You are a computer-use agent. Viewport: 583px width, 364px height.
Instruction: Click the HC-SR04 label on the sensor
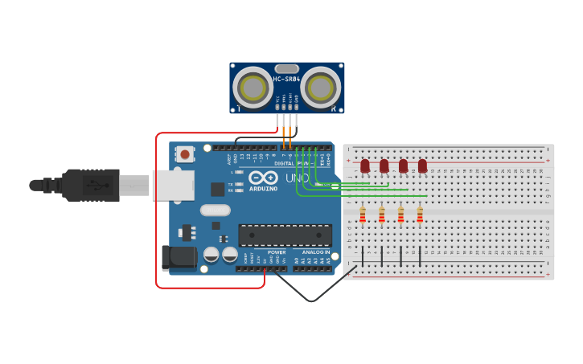(x=286, y=80)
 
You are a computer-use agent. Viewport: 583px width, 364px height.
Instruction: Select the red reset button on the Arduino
(x=186, y=154)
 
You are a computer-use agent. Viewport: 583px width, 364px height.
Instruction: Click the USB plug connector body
(x=92, y=185)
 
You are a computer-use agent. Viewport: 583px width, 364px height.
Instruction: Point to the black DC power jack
(x=178, y=257)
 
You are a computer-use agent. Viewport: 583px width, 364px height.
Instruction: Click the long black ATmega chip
(x=285, y=235)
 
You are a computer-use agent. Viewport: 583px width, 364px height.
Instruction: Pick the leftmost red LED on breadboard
(x=365, y=166)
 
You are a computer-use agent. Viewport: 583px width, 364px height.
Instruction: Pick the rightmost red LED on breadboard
(x=422, y=166)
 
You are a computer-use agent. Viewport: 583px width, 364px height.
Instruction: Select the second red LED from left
(x=384, y=166)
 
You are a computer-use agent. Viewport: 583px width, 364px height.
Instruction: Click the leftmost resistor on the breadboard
(x=363, y=215)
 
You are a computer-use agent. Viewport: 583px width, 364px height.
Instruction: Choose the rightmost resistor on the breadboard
(x=420, y=215)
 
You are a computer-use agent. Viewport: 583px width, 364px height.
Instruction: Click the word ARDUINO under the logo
(x=263, y=188)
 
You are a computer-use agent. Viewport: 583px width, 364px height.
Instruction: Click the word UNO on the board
(x=297, y=178)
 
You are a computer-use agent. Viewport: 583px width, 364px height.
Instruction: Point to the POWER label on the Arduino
(x=277, y=252)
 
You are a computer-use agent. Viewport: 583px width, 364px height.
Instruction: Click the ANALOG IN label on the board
(x=315, y=252)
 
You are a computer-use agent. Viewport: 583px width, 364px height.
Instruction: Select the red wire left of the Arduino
(x=156, y=209)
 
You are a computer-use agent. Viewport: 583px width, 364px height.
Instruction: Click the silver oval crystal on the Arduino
(x=215, y=211)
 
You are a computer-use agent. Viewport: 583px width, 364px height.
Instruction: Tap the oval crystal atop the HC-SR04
(x=287, y=69)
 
